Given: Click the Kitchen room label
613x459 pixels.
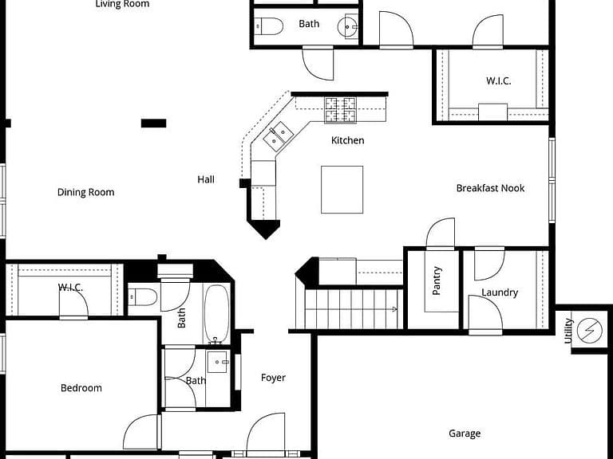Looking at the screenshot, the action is pyautogui.click(x=347, y=140).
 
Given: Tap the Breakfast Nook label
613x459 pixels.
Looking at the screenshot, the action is pyautogui.click(x=490, y=188).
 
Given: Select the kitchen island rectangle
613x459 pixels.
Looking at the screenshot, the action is pyautogui.click(x=342, y=190).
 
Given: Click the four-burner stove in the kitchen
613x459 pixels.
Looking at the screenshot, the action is pyautogui.click(x=340, y=110).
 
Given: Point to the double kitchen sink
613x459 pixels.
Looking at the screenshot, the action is pyautogui.click(x=279, y=136).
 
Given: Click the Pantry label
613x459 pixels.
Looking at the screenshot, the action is pyautogui.click(x=437, y=280).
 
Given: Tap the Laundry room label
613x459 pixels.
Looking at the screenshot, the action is pyautogui.click(x=500, y=292).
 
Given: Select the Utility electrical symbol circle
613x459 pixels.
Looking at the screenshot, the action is pyautogui.click(x=590, y=331).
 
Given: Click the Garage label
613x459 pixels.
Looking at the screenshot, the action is pyautogui.click(x=465, y=433).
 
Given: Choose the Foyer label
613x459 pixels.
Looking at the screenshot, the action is pyautogui.click(x=273, y=378).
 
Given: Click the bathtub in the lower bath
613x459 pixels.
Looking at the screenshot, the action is pyautogui.click(x=216, y=314).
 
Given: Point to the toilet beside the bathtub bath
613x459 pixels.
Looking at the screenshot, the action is pyautogui.click(x=143, y=297).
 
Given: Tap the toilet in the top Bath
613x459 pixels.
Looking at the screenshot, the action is pyautogui.click(x=269, y=26).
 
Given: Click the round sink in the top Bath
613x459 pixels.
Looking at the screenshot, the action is pyautogui.click(x=347, y=27).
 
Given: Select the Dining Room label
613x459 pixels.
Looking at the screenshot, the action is pyautogui.click(x=85, y=192).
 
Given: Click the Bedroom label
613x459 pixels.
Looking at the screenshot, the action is pyautogui.click(x=81, y=388).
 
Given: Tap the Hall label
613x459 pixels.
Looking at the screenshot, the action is pyautogui.click(x=206, y=179).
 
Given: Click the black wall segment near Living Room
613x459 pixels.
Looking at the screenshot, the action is pyautogui.click(x=153, y=124).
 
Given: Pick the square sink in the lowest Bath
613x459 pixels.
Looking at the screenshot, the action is pyautogui.click(x=217, y=362).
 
